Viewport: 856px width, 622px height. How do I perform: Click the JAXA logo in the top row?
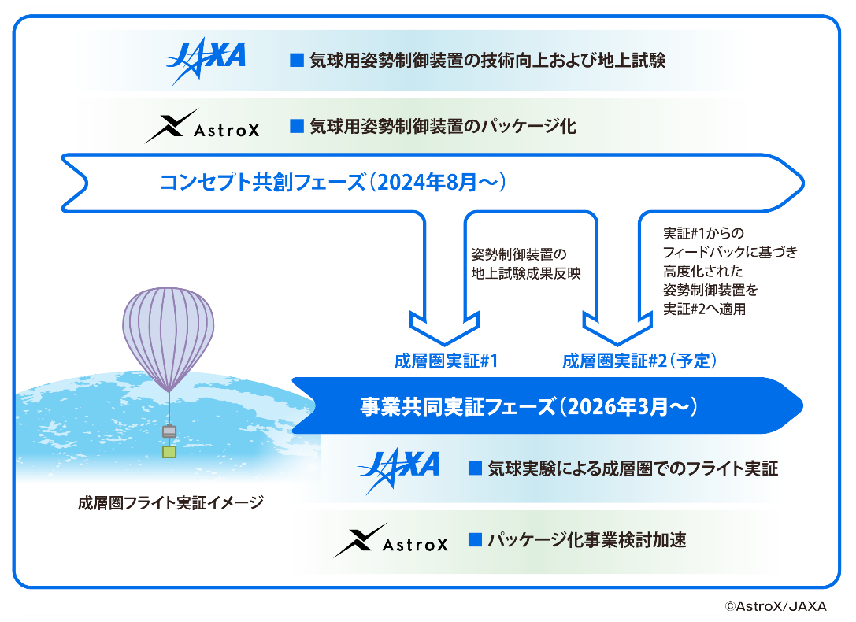(206, 60)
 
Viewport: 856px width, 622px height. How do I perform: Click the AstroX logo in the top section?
(202, 126)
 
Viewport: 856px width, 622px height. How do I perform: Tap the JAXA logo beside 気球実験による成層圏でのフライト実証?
(398, 469)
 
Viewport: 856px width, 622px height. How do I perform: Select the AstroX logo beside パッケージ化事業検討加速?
(391, 540)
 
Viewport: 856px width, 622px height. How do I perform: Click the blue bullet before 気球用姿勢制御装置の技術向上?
(296, 60)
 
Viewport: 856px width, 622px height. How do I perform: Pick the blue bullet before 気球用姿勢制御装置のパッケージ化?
(296, 126)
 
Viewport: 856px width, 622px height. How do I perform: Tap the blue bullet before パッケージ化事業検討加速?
(475, 539)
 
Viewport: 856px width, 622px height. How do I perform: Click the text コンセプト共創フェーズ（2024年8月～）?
(333, 182)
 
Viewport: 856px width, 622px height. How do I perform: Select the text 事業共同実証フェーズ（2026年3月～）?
(528, 406)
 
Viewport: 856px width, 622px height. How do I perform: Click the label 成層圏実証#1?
(446, 361)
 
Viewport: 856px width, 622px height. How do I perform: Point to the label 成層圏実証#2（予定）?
(639, 361)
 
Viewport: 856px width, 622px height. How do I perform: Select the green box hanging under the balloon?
(169, 452)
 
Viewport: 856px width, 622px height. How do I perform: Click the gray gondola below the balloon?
(169, 431)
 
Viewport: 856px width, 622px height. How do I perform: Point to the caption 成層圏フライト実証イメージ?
(170, 502)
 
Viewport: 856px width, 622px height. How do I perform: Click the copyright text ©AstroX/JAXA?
(776, 606)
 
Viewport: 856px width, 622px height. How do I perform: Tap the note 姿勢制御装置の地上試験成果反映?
(526, 264)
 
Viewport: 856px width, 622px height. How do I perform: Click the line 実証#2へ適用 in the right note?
(704, 309)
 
